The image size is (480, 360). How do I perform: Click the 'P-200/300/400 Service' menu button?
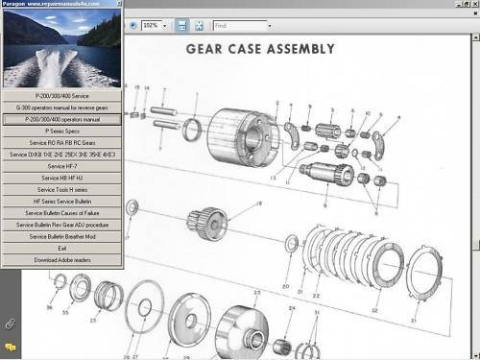(61, 96)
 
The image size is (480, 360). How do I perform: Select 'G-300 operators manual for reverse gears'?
(61, 108)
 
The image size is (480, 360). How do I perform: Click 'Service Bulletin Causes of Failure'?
(61, 212)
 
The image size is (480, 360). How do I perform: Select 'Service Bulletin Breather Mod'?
(61, 236)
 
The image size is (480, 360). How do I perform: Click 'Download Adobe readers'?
(61, 259)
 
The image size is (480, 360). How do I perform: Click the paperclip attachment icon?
(10, 324)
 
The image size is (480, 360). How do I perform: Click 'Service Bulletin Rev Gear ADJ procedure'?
(61, 224)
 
